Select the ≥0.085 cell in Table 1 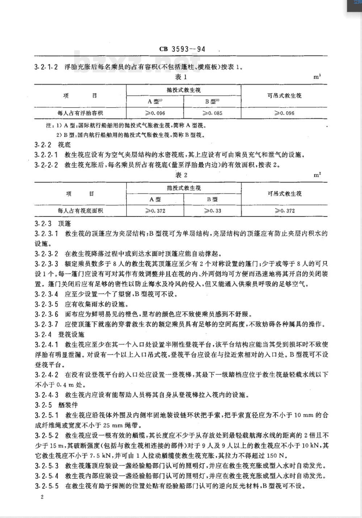212,113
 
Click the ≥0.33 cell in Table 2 212,211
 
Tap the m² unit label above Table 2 317,175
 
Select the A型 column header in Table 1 155,102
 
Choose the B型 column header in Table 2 212,199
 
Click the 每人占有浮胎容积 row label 80,113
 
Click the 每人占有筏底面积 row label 80,211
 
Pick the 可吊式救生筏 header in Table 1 284,96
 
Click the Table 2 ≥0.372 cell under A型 155,211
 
